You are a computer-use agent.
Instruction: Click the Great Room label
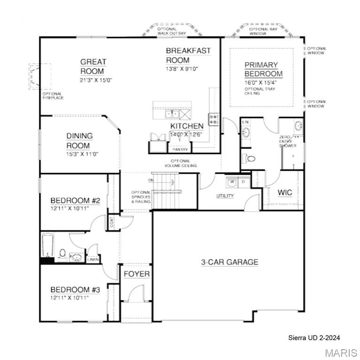point(93,66)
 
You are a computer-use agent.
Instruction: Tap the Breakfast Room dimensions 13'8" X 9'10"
point(189,69)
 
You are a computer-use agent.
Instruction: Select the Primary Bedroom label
point(263,69)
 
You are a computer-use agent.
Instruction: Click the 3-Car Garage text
point(230,262)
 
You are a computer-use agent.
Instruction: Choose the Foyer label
point(136,274)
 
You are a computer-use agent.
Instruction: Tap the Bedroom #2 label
point(75,201)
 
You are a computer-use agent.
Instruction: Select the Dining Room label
point(79,141)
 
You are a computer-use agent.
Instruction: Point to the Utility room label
point(225,195)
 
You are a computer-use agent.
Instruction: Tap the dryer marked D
point(243,181)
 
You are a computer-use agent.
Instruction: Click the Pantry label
point(180,150)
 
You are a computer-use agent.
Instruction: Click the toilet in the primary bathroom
point(250,159)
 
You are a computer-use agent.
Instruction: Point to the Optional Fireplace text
point(52,96)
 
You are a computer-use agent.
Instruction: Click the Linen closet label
point(93,259)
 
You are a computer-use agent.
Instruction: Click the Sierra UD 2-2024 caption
point(314,337)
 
